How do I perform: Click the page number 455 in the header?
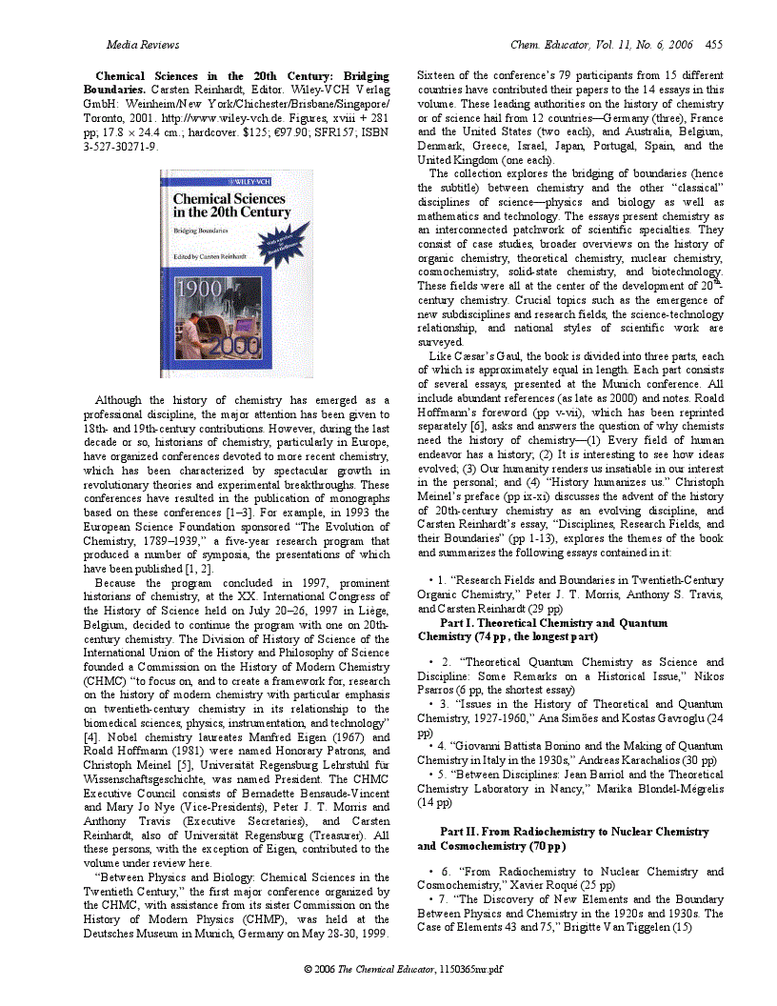[x=713, y=45]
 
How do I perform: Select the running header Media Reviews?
[x=143, y=45]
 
